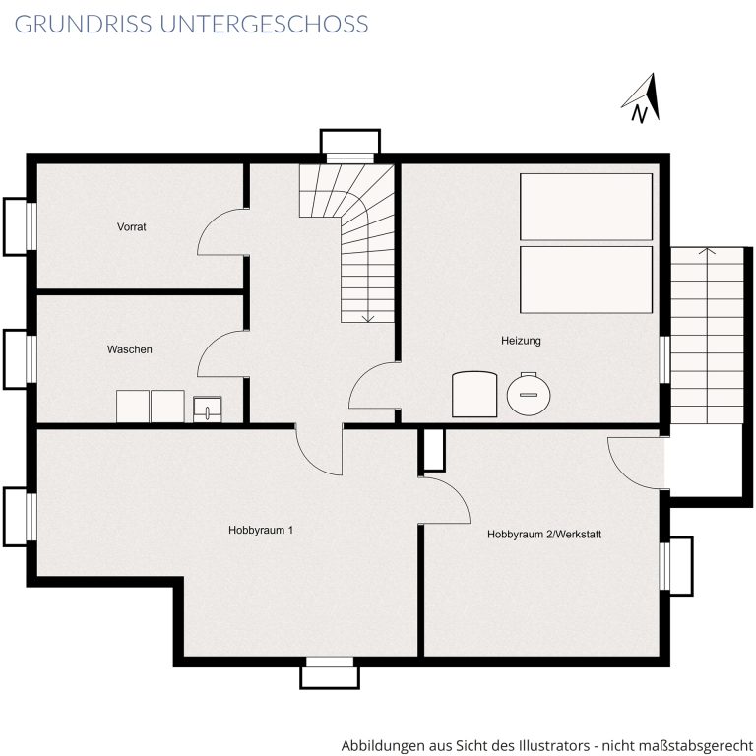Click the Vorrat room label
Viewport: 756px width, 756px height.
pos(131,226)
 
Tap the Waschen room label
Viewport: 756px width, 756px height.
pos(129,349)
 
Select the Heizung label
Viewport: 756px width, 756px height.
pos(521,341)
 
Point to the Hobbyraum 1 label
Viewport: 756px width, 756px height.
pos(260,530)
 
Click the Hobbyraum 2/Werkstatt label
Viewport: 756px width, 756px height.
pos(544,535)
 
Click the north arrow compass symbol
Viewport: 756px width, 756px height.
pos(642,97)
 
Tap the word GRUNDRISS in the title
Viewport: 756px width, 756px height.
pos(83,24)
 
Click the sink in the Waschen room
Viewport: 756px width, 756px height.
pos(208,409)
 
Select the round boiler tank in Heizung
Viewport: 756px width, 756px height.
pos(529,394)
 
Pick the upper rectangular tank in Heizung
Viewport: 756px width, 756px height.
pos(587,207)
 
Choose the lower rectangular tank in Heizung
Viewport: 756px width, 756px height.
pos(587,280)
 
